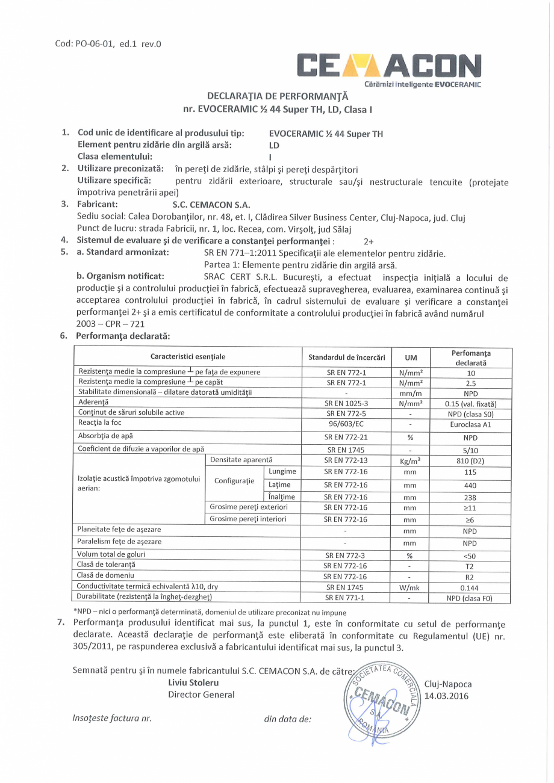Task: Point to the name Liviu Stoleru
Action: tap(193, 683)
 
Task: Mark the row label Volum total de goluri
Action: tap(111, 554)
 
